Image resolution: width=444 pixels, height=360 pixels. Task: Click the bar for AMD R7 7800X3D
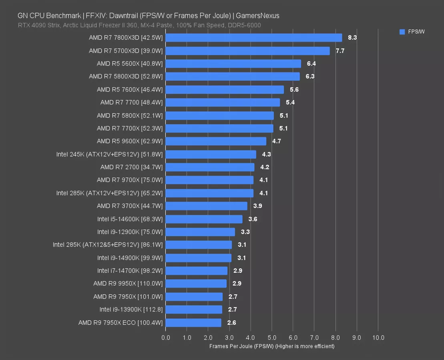point(253,38)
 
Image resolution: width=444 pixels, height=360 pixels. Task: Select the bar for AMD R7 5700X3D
point(247,51)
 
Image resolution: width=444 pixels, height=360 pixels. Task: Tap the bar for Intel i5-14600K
point(204,219)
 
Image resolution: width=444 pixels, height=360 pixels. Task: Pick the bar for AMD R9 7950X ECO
point(193,322)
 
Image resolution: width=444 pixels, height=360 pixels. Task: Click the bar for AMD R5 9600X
point(215,141)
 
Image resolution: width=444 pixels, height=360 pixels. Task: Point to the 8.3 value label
point(352,38)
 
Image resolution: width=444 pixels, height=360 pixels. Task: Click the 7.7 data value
point(340,51)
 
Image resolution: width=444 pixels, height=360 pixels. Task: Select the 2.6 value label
point(231,322)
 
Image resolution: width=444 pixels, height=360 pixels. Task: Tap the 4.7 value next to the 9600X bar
point(277,141)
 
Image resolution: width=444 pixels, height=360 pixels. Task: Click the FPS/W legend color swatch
point(402,32)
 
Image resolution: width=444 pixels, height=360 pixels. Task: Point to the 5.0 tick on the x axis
point(271,338)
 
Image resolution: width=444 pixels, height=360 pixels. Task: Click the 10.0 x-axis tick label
point(378,338)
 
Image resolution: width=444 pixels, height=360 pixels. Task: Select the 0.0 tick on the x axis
point(166,338)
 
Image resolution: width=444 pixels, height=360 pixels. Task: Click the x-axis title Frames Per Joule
point(271,346)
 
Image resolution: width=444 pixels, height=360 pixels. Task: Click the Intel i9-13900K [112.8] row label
point(131,309)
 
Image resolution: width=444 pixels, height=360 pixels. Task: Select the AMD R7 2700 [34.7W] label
point(131,167)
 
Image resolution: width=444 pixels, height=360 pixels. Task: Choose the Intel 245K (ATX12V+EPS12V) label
point(109,154)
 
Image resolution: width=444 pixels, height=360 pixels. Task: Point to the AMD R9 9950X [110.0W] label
point(128,284)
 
